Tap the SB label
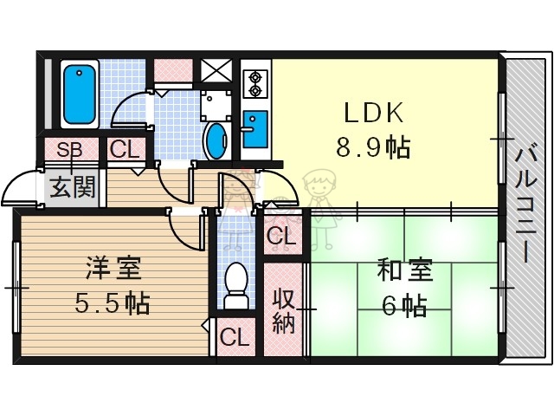pos(69,150)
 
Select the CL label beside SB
pos(124,150)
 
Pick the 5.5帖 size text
pos(113,303)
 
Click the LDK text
pos(373,114)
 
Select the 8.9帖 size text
pos(373,147)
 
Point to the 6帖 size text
pos(403,306)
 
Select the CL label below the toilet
pos(234,336)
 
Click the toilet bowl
pos(235,284)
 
